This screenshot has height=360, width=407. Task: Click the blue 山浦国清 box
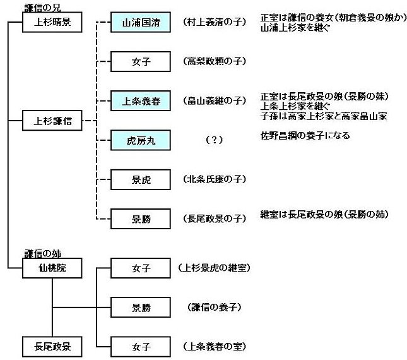pyautogui.click(x=140, y=21)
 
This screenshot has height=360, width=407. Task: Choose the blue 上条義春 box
pyautogui.click(x=140, y=100)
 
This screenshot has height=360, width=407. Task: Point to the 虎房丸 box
pyautogui.click(x=140, y=140)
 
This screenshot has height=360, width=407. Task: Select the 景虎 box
pyautogui.click(x=140, y=179)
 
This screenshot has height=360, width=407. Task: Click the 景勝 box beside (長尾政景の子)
pyautogui.click(x=140, y=219)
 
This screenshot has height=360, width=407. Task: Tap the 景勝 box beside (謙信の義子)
pyautogui.click(x=140, y=308)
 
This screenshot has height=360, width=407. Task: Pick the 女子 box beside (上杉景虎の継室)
pyautogui.click(x=140, y=269)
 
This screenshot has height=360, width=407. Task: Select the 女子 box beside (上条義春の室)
pyautogui.click(x=140, y=346)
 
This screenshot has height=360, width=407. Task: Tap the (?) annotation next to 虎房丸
pyautogui.click(x=215, y=140)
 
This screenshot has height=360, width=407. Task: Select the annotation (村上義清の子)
pyautogui.click(x=215, y=22)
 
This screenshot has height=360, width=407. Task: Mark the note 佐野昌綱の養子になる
pyautogui.click(x=305, y=136)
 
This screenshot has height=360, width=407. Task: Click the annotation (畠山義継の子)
pyautogui.click(x=215, y=100)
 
